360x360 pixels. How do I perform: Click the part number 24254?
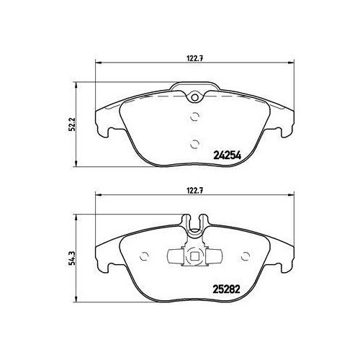[227, 156]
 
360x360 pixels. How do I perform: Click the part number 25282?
[227, 289]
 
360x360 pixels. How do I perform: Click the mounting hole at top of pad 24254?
[195, 97]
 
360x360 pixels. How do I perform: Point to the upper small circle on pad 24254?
[194, 117]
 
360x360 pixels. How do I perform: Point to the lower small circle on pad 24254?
[194, 144]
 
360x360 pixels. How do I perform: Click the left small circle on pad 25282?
[145, 256]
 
